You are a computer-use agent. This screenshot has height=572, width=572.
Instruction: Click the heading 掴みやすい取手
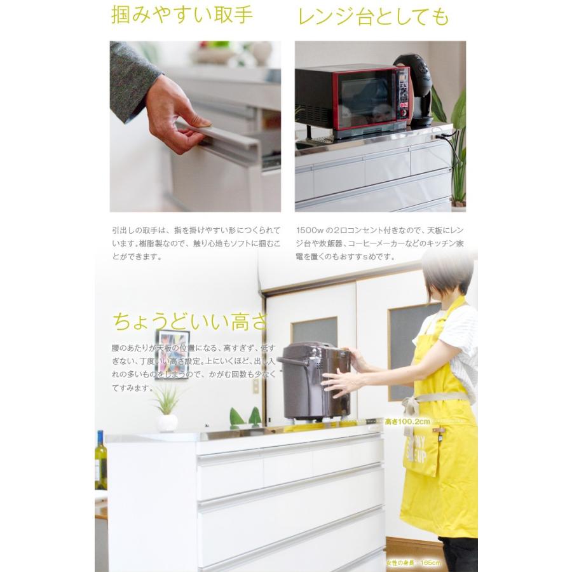pos(182,15)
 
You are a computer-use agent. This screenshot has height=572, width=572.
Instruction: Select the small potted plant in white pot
pos(167,410)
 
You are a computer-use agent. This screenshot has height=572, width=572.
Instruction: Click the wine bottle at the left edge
pos(100,460)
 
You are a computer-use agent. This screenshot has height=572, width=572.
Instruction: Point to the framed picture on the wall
pos(172,353)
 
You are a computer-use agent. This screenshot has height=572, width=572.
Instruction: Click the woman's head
pos(448,274)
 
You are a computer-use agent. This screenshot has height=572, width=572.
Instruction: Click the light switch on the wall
pos(256,386)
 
